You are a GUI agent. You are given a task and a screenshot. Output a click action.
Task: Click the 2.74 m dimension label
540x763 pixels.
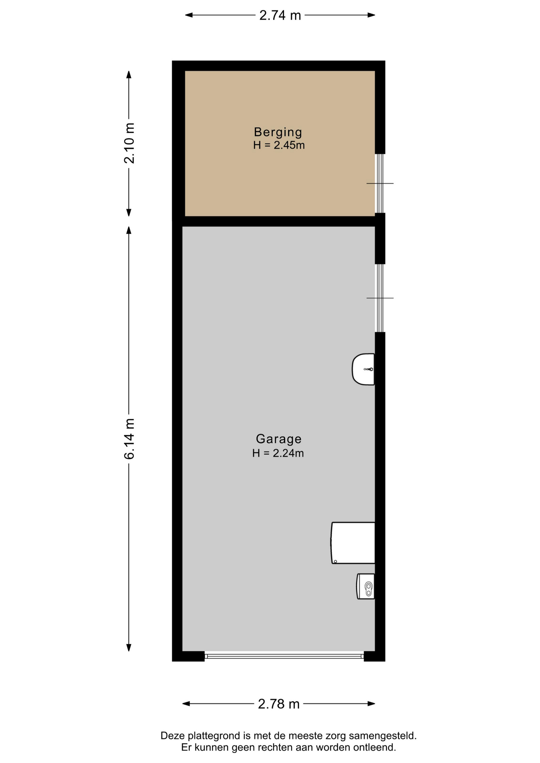click(280, 15)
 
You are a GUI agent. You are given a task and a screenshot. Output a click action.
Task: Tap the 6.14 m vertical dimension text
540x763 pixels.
click(129, 439)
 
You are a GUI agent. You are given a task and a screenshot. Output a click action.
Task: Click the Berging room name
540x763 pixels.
click(278, 132)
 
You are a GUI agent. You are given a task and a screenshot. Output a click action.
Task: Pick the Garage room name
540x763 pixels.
click(278, 439)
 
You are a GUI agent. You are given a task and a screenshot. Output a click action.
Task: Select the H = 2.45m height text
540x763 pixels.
click(279, 145)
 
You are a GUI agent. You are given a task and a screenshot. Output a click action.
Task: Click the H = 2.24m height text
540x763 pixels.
click(278, 453)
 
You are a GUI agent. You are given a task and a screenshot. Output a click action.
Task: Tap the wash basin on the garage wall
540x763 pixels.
click(363, 369)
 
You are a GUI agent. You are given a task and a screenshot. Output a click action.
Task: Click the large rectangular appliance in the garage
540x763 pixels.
click(353, 543)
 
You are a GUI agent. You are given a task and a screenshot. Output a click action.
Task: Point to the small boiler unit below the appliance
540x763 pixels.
click(365, 586)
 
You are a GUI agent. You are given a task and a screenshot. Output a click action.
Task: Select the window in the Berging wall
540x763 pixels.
click(380, 184)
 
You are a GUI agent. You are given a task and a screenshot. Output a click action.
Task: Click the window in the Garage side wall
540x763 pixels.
click(380, 298)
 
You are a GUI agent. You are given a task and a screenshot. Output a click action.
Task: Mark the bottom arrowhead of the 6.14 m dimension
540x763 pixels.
click(129, 648)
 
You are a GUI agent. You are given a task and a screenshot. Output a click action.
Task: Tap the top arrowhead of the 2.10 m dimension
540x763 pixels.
click(129, 75)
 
